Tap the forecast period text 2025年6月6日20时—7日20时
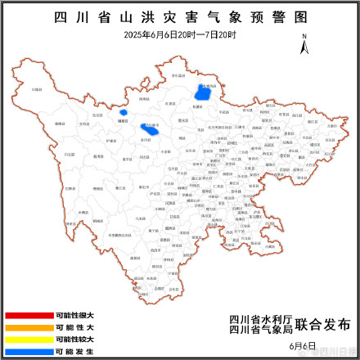(x=179, y=34)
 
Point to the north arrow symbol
(x=304, y=45)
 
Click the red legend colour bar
(x=29, y=315)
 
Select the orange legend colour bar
(x=29, y=326)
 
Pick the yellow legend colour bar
(x=29, y=339)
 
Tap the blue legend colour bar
(x=29, y=350)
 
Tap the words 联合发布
(x=315, y=325)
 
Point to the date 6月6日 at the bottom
(x=302, y=347)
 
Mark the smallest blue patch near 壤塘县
(x=124, y=112)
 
